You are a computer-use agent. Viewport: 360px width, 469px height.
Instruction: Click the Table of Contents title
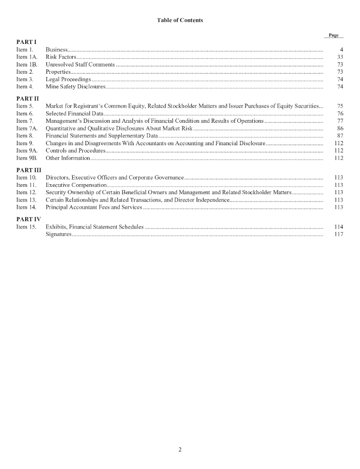180,20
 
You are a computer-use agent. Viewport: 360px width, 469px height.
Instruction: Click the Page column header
333,35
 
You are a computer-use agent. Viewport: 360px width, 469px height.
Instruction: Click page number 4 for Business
341,49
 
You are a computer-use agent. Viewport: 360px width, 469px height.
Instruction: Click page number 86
340,128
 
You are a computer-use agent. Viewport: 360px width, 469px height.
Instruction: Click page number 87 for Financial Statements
340,136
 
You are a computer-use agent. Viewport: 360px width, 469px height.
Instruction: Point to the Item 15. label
26,227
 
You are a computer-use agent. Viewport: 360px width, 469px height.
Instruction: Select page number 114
339,227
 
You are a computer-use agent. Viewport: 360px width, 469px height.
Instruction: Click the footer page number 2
180,449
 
